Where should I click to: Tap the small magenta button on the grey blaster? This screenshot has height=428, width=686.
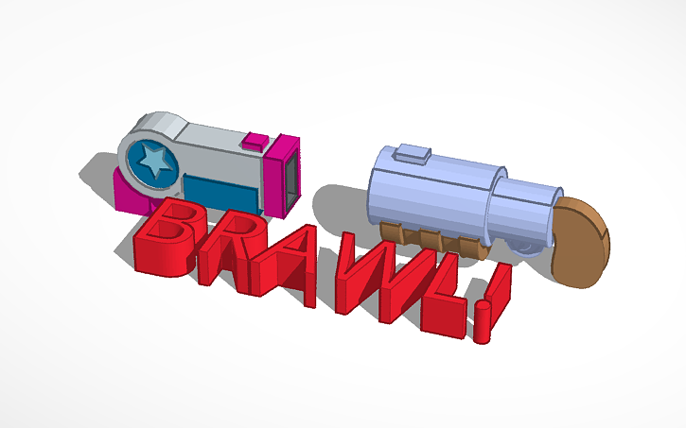(254, 143)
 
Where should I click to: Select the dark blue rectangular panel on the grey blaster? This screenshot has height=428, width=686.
(220, 191)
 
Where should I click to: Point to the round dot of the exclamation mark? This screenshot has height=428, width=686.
(483, 325)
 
